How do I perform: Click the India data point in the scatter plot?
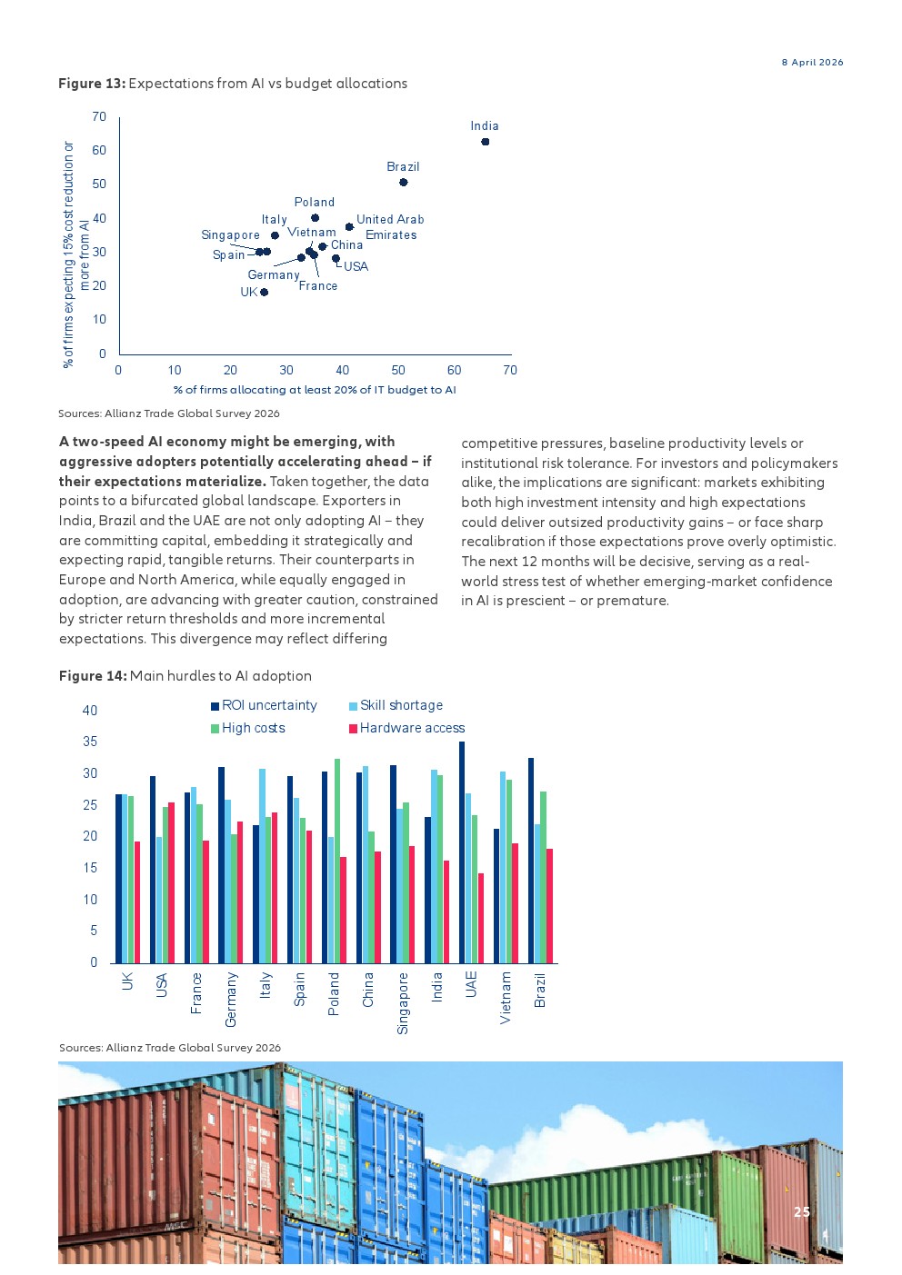click(x=486, y=142)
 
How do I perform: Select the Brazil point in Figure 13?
click(x=403, y=182)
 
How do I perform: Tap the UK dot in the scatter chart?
click(x=264, y=292)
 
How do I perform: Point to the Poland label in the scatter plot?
click(x=315, y=202)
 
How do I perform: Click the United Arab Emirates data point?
click(x=350, y=226)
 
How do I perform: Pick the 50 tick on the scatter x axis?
click(x=398, y=370)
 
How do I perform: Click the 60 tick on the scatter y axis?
click(x=99, y=150)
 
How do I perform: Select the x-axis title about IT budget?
click(x=315, y=390)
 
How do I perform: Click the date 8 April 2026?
click(x=812, y=62)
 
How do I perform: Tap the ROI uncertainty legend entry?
click(x=264, y=705)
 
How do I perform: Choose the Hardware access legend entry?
click(x=406, y=728)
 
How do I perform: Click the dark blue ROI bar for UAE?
click(x=462, y=852)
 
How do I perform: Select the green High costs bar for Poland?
click(x=337, y=861)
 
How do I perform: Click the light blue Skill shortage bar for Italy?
click(x=263, y=866)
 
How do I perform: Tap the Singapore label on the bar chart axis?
click(x=403, y=1003)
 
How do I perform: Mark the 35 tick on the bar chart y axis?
click(x=90, y=742)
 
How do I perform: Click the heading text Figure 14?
click(x=93, y=675)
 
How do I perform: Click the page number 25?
click(x=802, y=1211)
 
